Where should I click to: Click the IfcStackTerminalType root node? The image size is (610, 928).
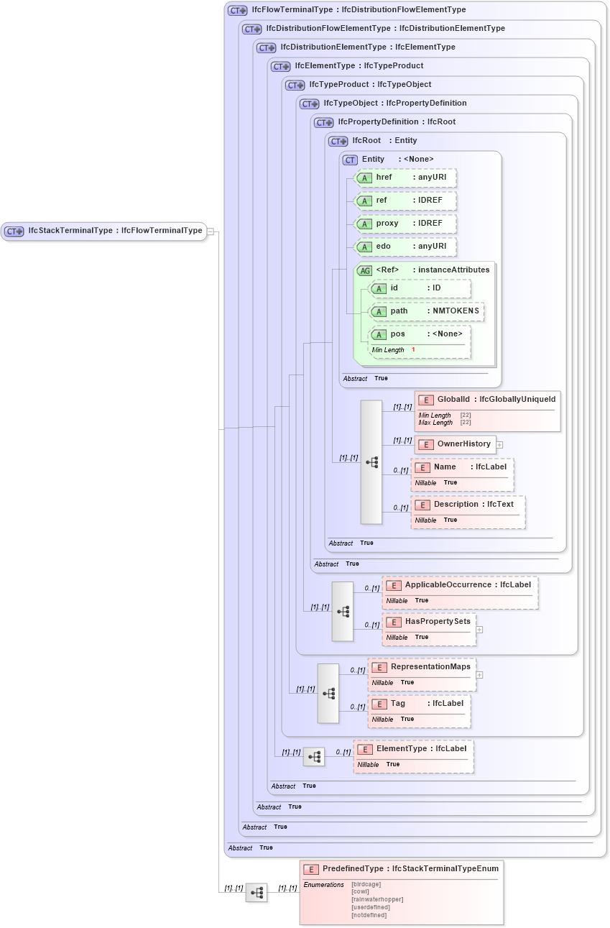tap(104, 231)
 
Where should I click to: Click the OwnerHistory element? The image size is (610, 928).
tap(456, 444)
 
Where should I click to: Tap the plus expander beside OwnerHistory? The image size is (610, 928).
tap(499, 445)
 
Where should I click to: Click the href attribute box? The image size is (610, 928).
tap(406, 177)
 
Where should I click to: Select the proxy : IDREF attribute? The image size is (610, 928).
tap(406, 223)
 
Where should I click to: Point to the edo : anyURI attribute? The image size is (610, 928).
tap(406, 246)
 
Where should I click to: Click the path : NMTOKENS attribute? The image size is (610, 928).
tap(425, 311)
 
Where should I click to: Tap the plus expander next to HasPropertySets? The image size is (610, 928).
tap(479, 629)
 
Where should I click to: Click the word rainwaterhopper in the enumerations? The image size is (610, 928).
tap(376, 899)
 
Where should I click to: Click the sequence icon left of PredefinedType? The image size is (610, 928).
tap(257, 892)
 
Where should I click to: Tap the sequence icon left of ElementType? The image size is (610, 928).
tap(314, 756)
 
